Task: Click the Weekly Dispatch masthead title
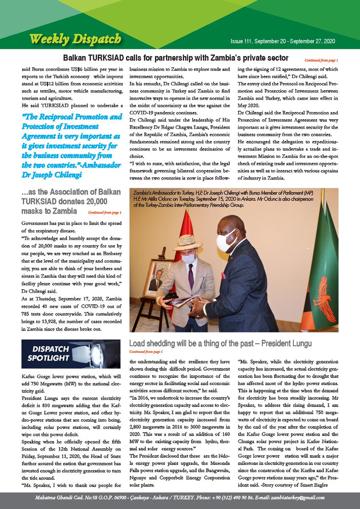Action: (x=75, y=39)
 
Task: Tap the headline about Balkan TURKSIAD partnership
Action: (x=176, y=58)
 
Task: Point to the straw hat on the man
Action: (x=187, y=243)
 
